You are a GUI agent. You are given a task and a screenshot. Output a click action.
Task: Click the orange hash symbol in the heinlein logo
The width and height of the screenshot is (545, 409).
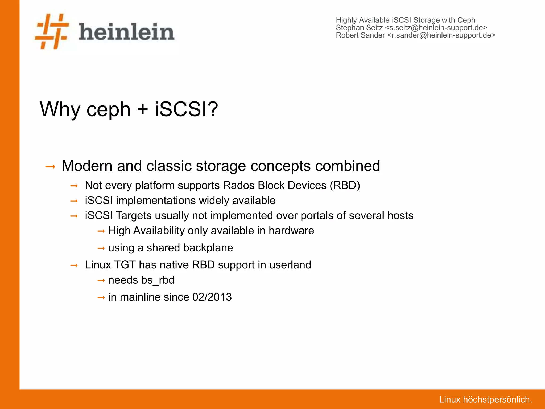(52, 31)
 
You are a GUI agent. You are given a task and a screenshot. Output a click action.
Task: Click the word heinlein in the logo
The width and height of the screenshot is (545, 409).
(126, 32)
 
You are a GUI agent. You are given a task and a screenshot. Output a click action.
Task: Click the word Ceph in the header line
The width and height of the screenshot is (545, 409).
(466, 20)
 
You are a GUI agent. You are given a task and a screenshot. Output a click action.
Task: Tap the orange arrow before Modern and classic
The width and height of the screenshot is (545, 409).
(50, 167)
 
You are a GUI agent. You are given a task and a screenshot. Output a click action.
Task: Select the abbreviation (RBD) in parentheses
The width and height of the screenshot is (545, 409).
(345, 185)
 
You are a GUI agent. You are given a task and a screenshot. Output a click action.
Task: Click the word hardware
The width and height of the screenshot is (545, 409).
(291, 231)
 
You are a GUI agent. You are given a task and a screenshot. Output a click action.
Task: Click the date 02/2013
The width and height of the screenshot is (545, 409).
(212, 297)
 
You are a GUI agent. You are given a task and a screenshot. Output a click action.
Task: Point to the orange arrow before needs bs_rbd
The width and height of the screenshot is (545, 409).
(101, 281)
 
